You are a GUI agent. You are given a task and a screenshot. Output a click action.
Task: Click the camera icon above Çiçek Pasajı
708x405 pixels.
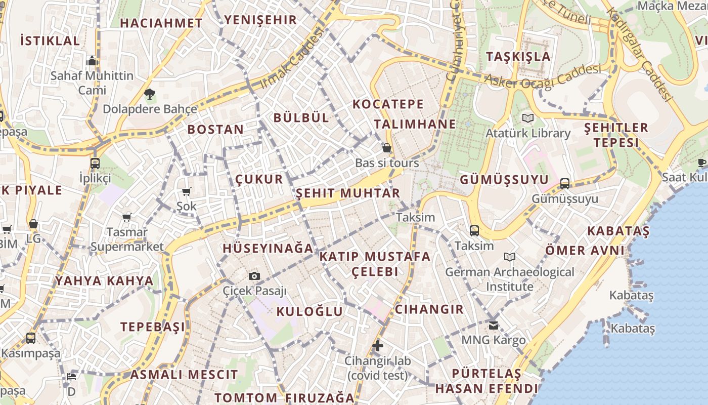254,276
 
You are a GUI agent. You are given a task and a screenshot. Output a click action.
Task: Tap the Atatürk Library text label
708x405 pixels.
528,133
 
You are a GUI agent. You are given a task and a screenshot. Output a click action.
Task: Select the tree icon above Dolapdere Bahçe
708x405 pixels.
149,94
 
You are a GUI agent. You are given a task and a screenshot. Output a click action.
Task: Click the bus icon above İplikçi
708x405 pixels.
95,164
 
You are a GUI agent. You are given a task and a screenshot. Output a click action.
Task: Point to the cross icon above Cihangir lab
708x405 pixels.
377,346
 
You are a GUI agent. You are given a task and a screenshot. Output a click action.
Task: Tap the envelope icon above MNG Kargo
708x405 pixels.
493,325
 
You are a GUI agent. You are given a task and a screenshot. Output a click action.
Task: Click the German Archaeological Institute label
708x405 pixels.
510,279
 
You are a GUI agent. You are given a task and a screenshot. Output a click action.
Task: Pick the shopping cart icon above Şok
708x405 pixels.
187,191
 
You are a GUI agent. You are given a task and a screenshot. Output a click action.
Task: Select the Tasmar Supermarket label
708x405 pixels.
127,239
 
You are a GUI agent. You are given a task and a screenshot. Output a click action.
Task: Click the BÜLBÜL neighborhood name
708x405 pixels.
301,117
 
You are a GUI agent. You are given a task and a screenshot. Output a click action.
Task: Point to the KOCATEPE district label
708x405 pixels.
388,104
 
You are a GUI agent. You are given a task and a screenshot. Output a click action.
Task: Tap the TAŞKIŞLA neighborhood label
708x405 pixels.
518,56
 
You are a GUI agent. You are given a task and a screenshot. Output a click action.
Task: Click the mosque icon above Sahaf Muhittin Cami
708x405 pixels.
92,61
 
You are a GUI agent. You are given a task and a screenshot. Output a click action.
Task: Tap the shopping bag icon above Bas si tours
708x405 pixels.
387,148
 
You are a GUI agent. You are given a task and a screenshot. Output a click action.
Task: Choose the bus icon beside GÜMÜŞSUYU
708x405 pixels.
565,183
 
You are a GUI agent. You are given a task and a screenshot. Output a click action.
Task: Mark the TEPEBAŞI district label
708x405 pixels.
152,327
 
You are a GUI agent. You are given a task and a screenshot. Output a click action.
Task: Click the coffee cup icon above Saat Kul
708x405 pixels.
701,163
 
